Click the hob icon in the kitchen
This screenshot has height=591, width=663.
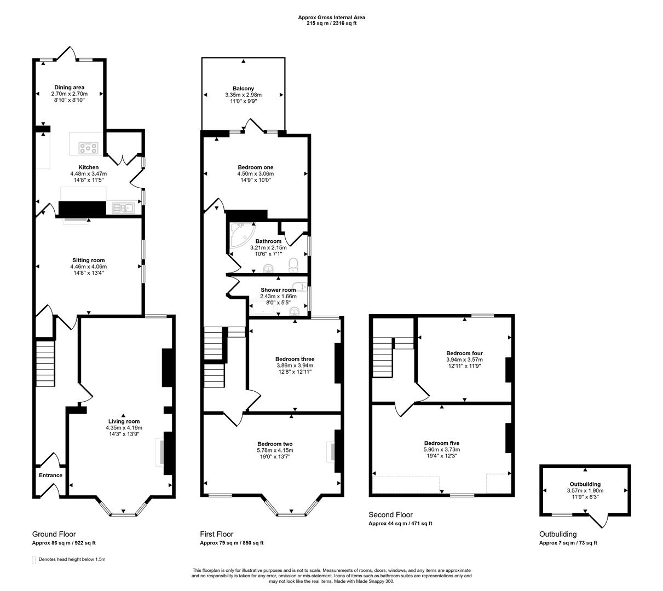tap(88, 148)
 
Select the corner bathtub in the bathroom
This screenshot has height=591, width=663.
tap(241, 235)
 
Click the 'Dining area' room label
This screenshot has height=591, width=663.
tap(69, 87)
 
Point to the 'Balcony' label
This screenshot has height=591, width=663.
tap(243, 89)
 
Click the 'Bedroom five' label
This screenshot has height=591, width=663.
tap(441, 443)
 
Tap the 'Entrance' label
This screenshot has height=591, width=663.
tap(50, 475)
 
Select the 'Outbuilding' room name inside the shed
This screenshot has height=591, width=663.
tap(585, 484)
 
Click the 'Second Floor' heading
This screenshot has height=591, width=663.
tap(390, 515)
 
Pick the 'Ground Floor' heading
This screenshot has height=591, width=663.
tap(54, 534)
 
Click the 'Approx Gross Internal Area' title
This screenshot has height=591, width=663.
tap(331, 18)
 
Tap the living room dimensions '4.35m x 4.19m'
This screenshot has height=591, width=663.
tap(124, 428)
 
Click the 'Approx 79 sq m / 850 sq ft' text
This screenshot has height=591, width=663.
tap(232, 543)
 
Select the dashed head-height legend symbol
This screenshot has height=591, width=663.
tap(34, 560)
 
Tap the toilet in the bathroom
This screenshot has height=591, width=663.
tap(293, 265)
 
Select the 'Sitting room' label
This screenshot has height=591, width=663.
tap(88, 260)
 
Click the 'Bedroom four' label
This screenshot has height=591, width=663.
tap(464, 354)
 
